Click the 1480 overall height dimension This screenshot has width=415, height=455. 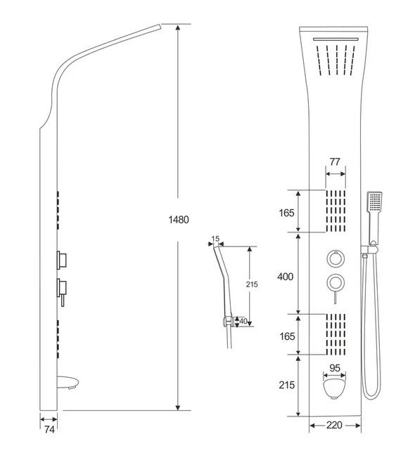click(179, 220)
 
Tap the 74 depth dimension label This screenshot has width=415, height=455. click(49, 429)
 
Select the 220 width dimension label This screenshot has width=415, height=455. click(334, 426)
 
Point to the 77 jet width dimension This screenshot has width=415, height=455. click(335, 161)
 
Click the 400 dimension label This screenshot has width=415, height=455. click(286, 277)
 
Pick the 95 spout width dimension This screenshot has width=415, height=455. click(335, 368)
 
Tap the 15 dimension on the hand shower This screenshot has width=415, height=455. click(215, 239)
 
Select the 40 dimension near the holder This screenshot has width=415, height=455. click(243, 321)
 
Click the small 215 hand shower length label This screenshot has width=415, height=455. click(252, 284)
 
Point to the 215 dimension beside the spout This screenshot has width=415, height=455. click(287, 385)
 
